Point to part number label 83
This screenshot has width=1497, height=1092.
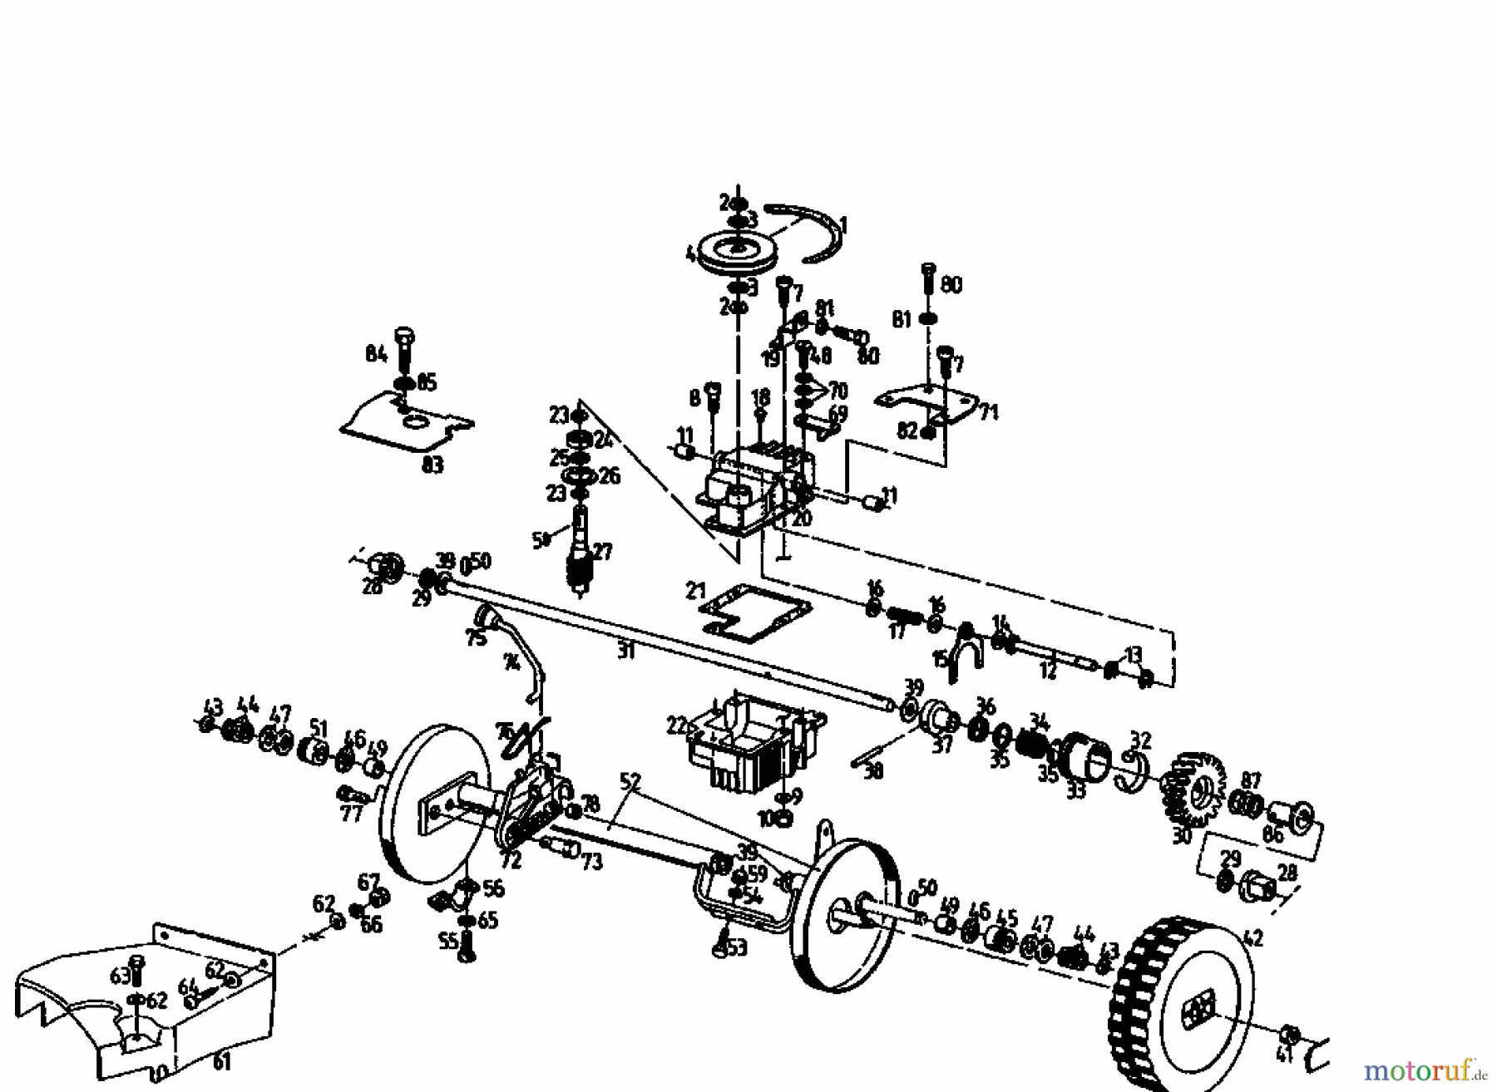432,465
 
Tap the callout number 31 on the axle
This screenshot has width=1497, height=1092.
625,652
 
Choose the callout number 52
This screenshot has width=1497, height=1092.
630,781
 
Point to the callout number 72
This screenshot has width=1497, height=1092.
511,861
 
